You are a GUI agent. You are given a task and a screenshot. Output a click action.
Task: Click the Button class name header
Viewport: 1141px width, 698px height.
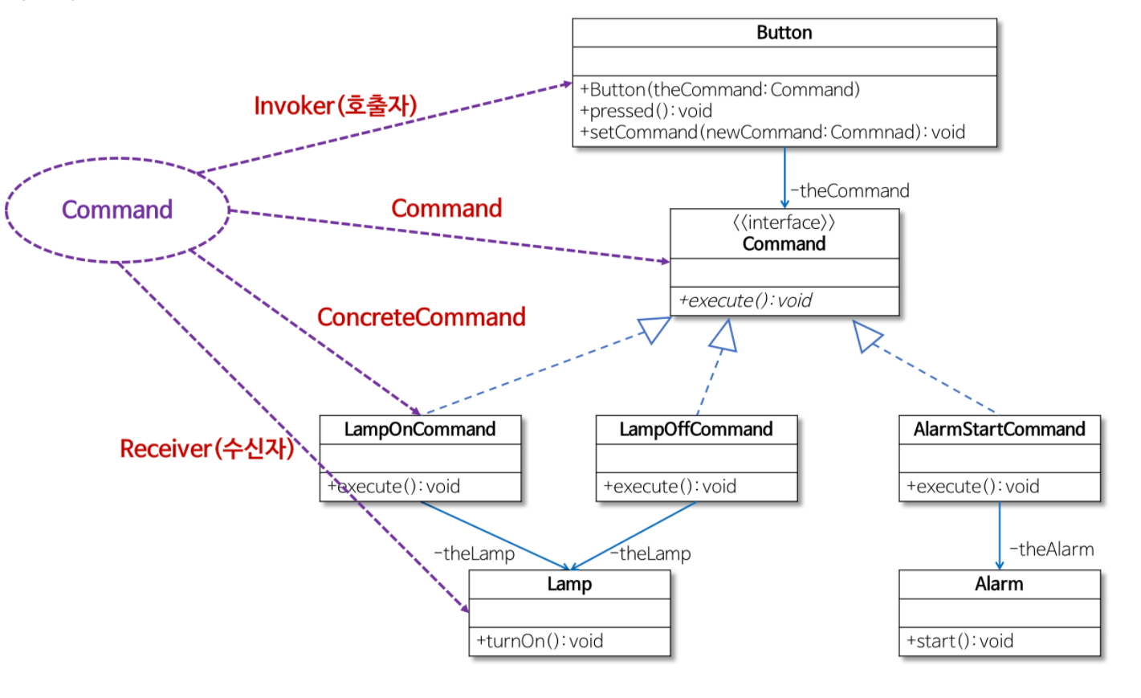click(x=784, y=33)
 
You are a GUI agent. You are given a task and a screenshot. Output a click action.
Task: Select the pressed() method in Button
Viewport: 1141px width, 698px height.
click(x=646, y=111)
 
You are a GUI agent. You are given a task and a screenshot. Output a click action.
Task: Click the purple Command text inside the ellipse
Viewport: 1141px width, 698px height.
click(x=117, y=210)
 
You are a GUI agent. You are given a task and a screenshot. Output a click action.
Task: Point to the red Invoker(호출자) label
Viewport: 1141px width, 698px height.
click(x=335, y=106)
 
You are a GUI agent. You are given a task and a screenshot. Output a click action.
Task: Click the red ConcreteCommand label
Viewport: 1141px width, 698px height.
click(x=421, y=317)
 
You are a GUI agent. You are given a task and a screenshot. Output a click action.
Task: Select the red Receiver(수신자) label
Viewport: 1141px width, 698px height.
click(x=206, y=448)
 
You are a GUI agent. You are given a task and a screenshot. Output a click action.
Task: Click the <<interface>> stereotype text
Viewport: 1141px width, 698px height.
click(x=784, y=222)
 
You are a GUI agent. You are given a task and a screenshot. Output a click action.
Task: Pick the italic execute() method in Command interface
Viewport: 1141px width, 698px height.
click(x=745, y=301)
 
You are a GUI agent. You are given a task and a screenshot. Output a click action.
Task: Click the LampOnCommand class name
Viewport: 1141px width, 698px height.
click(x=419, y=430)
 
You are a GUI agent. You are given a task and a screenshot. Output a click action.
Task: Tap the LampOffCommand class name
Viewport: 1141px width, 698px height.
click(x=695, y=430)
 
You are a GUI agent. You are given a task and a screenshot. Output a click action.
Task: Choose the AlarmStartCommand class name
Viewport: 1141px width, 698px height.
click(x=999, y=430)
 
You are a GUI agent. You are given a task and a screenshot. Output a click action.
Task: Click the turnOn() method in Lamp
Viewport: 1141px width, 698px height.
click(x=539, y=641)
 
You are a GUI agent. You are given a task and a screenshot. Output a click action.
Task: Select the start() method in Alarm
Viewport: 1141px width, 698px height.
click(x=960, y=641)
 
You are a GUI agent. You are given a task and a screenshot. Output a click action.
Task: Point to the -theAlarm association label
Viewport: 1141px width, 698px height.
click(x=1051, y=549)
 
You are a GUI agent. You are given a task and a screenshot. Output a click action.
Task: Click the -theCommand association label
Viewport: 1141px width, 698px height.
click(x=850, y=191)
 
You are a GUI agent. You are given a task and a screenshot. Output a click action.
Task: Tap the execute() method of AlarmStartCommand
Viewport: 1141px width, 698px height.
click(x=972, y=487)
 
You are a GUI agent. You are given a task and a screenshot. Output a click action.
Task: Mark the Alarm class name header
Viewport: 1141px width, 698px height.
click(x=999, y=584)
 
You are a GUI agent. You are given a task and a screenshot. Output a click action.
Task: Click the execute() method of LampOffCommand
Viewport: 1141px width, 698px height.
click(x=670, y=487)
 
